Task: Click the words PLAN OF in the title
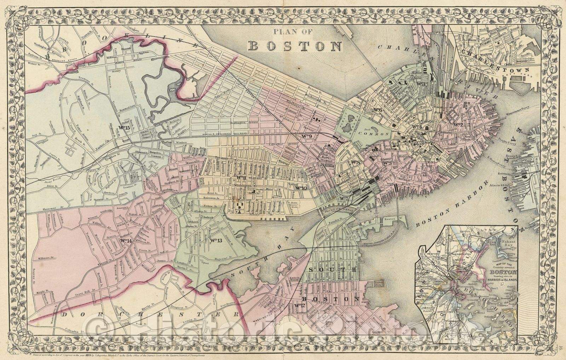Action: pyautogui.click(x=293, y=32)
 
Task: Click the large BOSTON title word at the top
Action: pyautogui.click(x=295, y=46)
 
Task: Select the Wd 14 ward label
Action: pyautogui.click(x=126, y=241)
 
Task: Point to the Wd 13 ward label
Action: pyautogui.click(x=215, y=241)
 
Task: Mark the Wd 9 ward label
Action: pyautogui.click(x=306, y=137)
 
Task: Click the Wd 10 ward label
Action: pyautogui.click(x=300, y=188)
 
